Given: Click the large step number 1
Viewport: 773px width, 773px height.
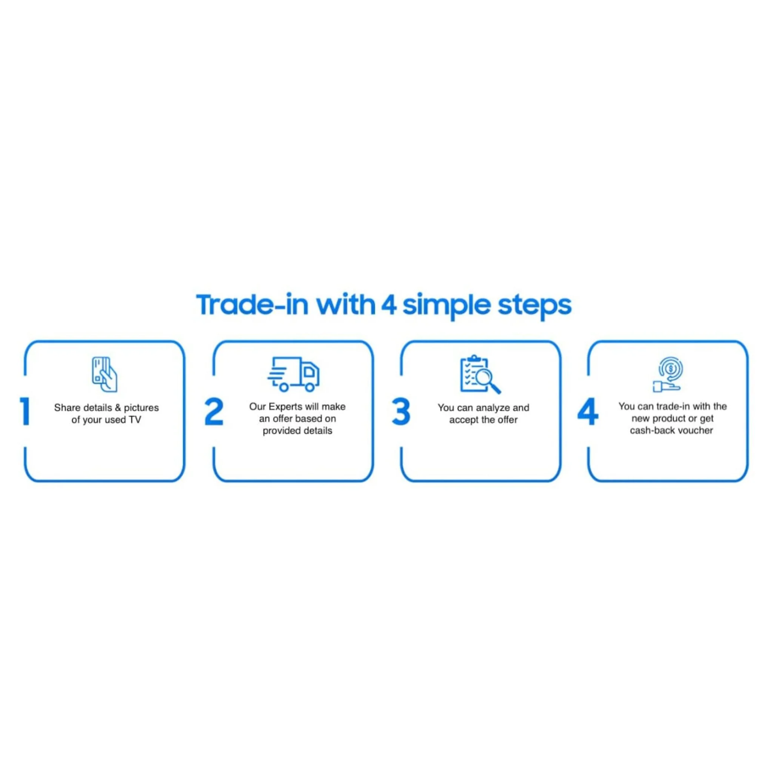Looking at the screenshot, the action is (x=25, y=411).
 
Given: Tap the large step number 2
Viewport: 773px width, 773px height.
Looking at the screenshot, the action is (x=214, y=411).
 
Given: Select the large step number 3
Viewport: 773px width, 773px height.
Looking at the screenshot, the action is (x=401, y=411).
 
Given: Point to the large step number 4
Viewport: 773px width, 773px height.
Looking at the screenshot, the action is (x=588, y=411).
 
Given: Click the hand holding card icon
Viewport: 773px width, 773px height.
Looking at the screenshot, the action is (x=105, y=374).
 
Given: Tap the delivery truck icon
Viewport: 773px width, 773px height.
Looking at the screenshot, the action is (x=293, y=374).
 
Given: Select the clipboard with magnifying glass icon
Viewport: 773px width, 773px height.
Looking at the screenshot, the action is (x=480, y=374).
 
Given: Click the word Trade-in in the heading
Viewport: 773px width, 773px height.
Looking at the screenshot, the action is (x=252, y=305).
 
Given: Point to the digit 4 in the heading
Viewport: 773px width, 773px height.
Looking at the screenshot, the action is (x=388, y=305).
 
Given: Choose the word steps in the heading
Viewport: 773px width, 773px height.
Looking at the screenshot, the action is (x=534, y=306).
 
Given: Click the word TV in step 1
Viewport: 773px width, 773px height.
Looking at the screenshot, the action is (x=135, y=420).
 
